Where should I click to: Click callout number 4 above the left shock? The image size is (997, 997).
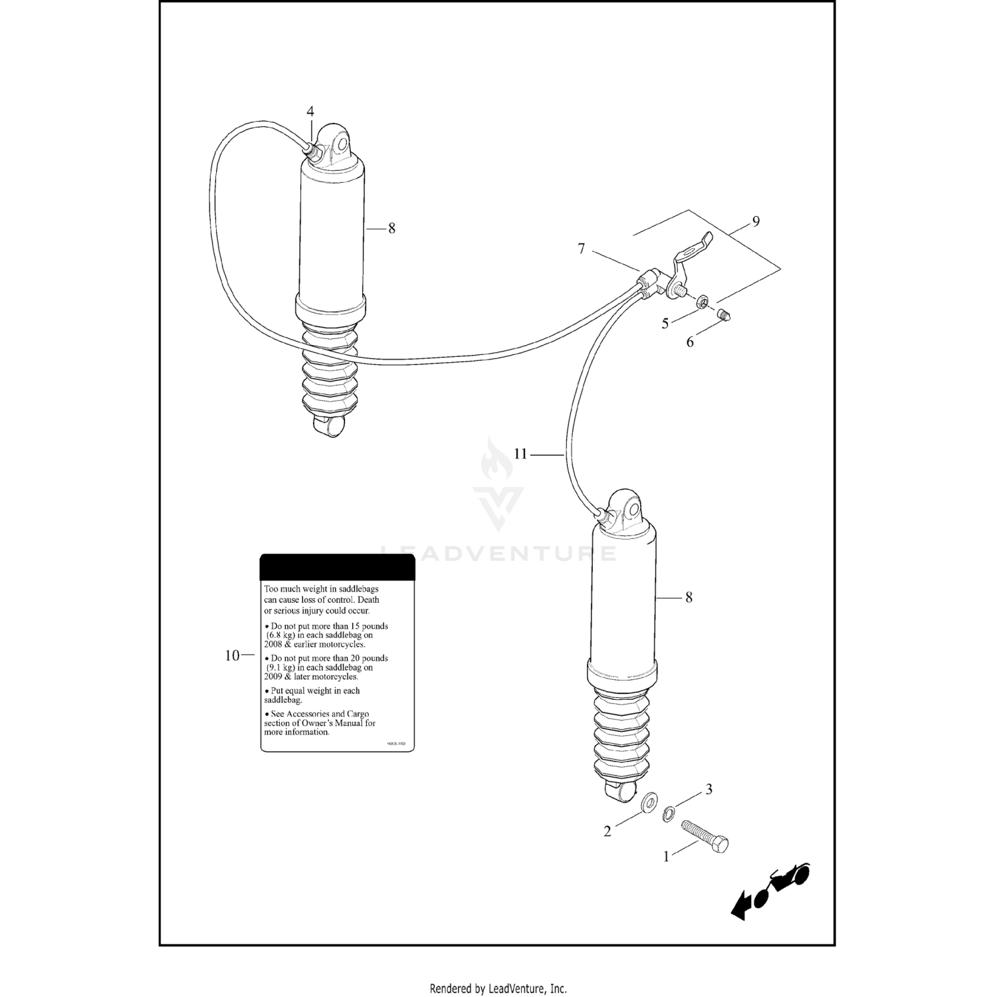point(310,111)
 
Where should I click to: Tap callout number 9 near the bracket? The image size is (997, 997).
point(756,221)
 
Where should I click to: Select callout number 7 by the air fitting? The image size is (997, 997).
point(582,249)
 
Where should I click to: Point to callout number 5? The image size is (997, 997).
point(665,324)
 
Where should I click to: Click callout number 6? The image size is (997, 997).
point(690,342)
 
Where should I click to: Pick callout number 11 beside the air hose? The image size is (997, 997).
point(520,454)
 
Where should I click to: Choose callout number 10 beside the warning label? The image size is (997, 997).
point(232,655)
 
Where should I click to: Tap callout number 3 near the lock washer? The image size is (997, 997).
point(709,789)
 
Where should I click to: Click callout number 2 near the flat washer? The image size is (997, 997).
point(607,831)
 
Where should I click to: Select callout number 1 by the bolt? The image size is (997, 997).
point(667,857)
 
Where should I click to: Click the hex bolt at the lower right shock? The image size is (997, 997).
point(705,837)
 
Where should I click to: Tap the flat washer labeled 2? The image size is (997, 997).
point(646,802)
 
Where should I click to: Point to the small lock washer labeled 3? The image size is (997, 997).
point(669,813)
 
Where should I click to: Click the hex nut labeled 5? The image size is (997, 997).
point(702,303)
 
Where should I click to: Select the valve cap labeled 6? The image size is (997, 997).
point(724,316)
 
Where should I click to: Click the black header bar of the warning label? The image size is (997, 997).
point(337,568)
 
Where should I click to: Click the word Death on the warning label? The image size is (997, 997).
point(368,600)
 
